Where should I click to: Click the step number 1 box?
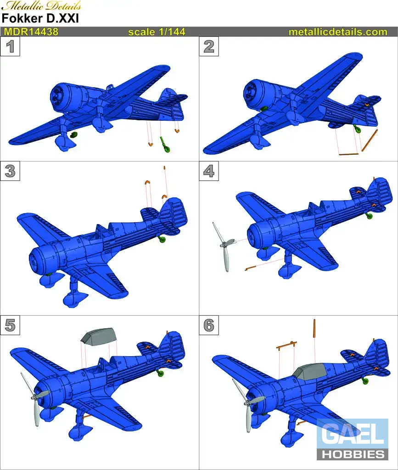pyautogui.click(x=10, y=46)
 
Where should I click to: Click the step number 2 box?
pyautogui.click(x=209, y=46)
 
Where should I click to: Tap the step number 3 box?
pyautogui.click(x=10, y=171)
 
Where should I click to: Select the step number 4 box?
pyautogui.click(x=209, y=171)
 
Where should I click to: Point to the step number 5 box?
pyautogui.click(x=10, y=325)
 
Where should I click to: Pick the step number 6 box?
pyautogui.click(x=209, y=325)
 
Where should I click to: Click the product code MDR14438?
pyautogui.click(x=31, y=32)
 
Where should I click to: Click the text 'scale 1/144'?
pyautogui.click(x=157, y=32)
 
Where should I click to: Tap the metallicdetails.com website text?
pyautogui.click(x=338, y=32)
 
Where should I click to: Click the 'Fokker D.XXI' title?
pyautogui.click(x=40, y=18)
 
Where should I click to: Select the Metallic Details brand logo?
pyautogui.click(x=41, y=6)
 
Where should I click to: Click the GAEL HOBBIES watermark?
pyautogui.click(x=353, y=439)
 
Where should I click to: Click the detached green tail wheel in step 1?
pyautogui.click(x=165, y=145)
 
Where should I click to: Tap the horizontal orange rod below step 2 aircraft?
pyautogui.click(x=348, y=154)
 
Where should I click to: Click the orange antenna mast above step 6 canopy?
pyautogui.click(x=314, y=328)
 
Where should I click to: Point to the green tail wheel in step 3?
pyautogui.click(x=162, y=239)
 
